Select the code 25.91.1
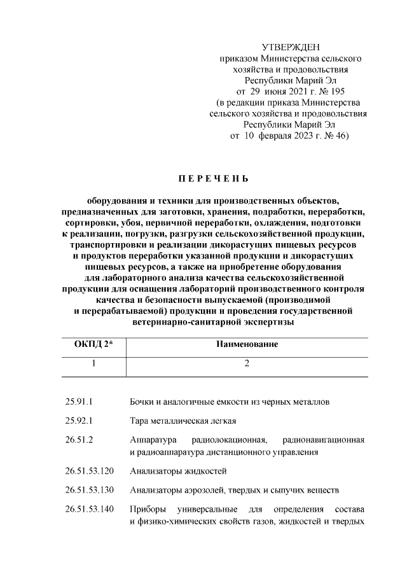pyautogui.click(x=79, y=402)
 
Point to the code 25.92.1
pyautogui.click(x=79, y=421)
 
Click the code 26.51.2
pyautogui.click(x=79, y=440)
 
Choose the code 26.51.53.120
pyautogui.click(x=89, y=472)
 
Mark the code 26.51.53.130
pyautogui.click(x=89, y=491)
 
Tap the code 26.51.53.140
pyautogui.click(x=89, y=510)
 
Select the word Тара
pyautogui.click(x=139, y=421)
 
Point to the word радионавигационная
pyautogui.click(x=324, y=440)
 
